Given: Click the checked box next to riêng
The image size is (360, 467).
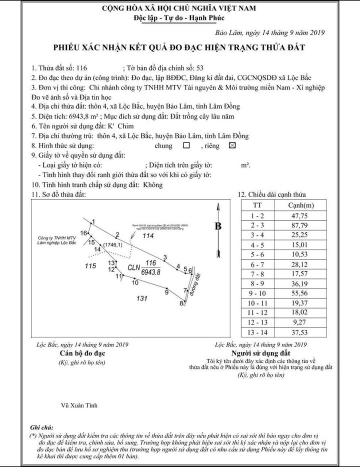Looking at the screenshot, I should pos(231,146).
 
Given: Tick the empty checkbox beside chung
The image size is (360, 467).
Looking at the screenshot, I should pos(186,146).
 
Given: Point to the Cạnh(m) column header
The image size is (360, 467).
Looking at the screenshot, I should pos(301,205).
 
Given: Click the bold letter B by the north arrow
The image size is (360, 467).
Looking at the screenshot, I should pos(218,226).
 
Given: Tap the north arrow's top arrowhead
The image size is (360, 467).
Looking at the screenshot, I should pos(218,206).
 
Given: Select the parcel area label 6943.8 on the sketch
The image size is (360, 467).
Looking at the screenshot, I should pos(150,272).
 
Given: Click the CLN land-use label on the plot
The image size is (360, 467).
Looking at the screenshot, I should pos(133,267).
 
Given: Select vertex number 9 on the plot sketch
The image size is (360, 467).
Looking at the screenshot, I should pos(166,293).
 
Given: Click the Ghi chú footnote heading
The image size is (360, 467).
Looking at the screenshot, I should pos(41,428).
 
